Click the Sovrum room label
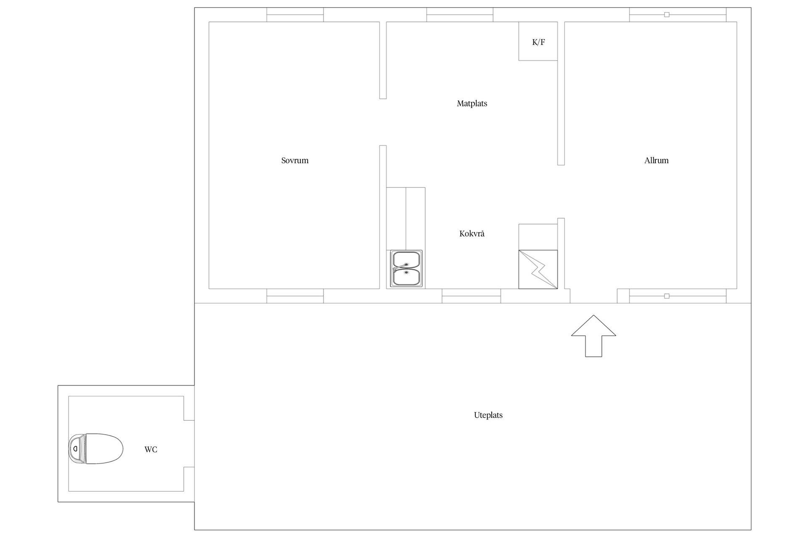[x=295, y=161]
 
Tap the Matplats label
[x=472, y=103]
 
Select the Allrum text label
[x=656, y=161]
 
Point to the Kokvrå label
[x=472, y=234]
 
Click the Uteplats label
[x=488, y=415]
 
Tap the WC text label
[x=151, y=450]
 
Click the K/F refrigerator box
[x=538, y=41]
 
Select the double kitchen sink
[x=406, y=269]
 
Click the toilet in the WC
[x=96, y=449]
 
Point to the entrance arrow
[x=593, y=336]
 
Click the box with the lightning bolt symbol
[x=538, y=269]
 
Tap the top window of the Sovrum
[x=295, y=15]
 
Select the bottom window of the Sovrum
[x=295, y=296]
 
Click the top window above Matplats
[x=460, y=15]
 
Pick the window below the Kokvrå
[x=471, y=296]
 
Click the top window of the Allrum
[x=678, y=15]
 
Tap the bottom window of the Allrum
[x=678, y=296]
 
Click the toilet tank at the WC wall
[x=76, y=449]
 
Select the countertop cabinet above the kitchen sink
[x=406, y=219]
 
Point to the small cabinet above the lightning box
[x=538, y=237]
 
